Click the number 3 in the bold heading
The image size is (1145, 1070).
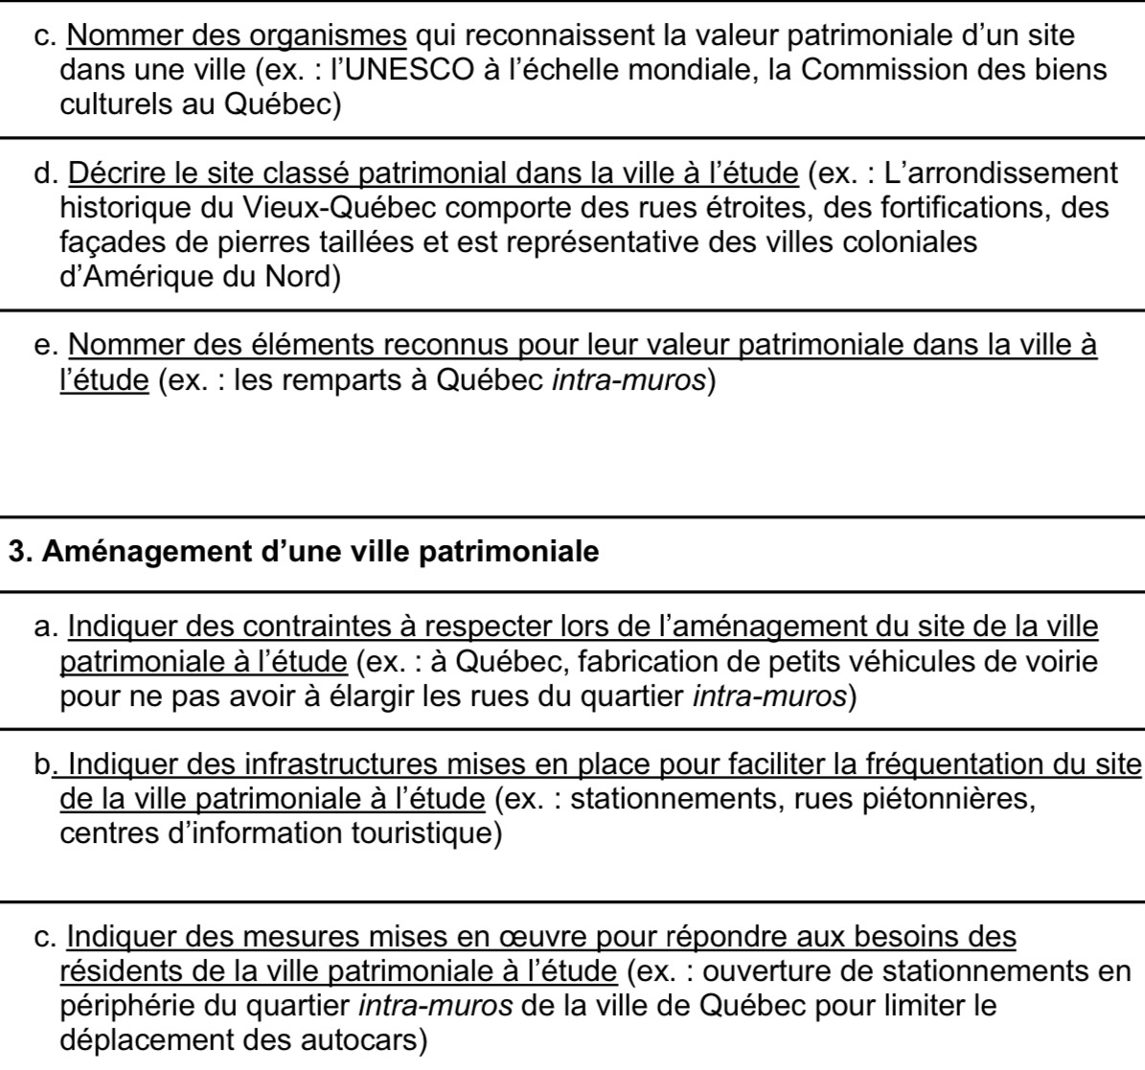(17, 552)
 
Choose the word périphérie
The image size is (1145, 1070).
(123, 1006)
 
